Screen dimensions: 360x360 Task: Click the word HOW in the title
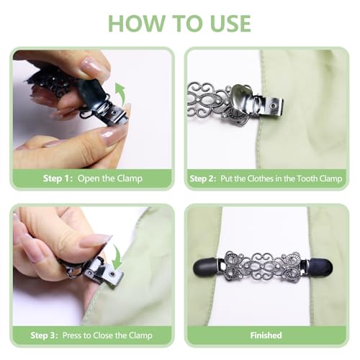click(x=135, y=23)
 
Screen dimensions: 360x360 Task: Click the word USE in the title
click(x=230, y=23)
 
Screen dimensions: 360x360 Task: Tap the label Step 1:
click(x=58, y=179)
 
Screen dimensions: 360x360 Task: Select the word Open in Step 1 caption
click(x=89, y=179)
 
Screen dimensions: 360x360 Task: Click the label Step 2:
click(x=203, y=179)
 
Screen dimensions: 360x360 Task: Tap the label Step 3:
click(x=44, y=336)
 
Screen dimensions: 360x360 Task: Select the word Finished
click(x=266, y=336)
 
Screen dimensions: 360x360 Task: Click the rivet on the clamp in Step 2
click(x=271, y=105)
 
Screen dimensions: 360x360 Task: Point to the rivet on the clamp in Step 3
click(x=112, y=274)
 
